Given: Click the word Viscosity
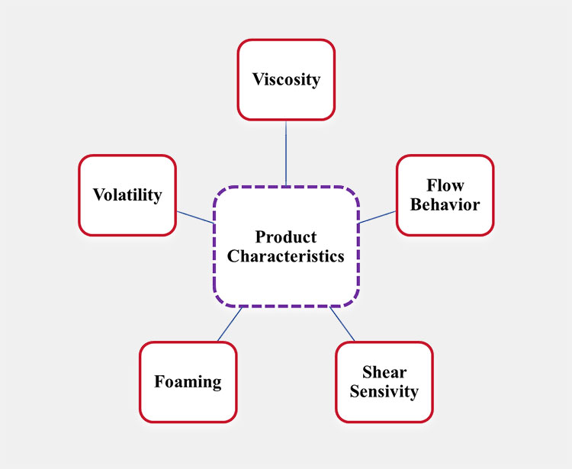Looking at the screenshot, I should tap(286, 79).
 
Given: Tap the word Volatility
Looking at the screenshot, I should tap(127, 195).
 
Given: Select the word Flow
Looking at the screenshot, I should tap(445, 185).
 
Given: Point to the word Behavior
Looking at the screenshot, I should tap(445, 204).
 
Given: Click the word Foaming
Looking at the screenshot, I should tap(188, 381).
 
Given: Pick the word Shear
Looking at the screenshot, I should tap(384, 373).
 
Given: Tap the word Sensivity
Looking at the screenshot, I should tap(384, 392).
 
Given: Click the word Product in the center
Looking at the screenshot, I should tap(286, 236).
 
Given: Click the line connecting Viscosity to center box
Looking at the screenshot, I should tap(286, 153).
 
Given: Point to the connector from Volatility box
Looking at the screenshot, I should tap(195, 217).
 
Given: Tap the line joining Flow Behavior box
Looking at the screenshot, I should tap(378, 217).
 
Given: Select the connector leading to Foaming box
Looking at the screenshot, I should tap(230, 324).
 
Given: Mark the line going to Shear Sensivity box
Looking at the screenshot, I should tap(342, 324).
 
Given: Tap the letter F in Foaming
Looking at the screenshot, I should tap(159, 381).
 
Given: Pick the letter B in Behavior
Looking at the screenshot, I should tap(416, 204).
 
